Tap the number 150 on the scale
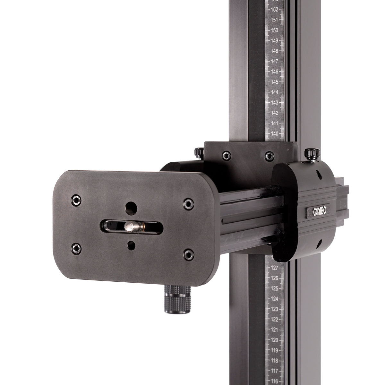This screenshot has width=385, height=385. (274, 30)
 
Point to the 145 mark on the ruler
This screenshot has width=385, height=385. (274, 82)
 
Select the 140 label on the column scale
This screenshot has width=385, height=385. (274, 133)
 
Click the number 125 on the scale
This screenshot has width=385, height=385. (274, 288)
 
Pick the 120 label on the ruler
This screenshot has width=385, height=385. (274, 340)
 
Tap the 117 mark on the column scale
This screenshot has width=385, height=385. (274, 371)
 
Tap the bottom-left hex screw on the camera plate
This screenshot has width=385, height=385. (76, 247)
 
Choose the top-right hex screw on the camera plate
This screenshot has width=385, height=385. (187, 203)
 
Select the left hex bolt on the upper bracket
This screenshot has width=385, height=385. (227, 155)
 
